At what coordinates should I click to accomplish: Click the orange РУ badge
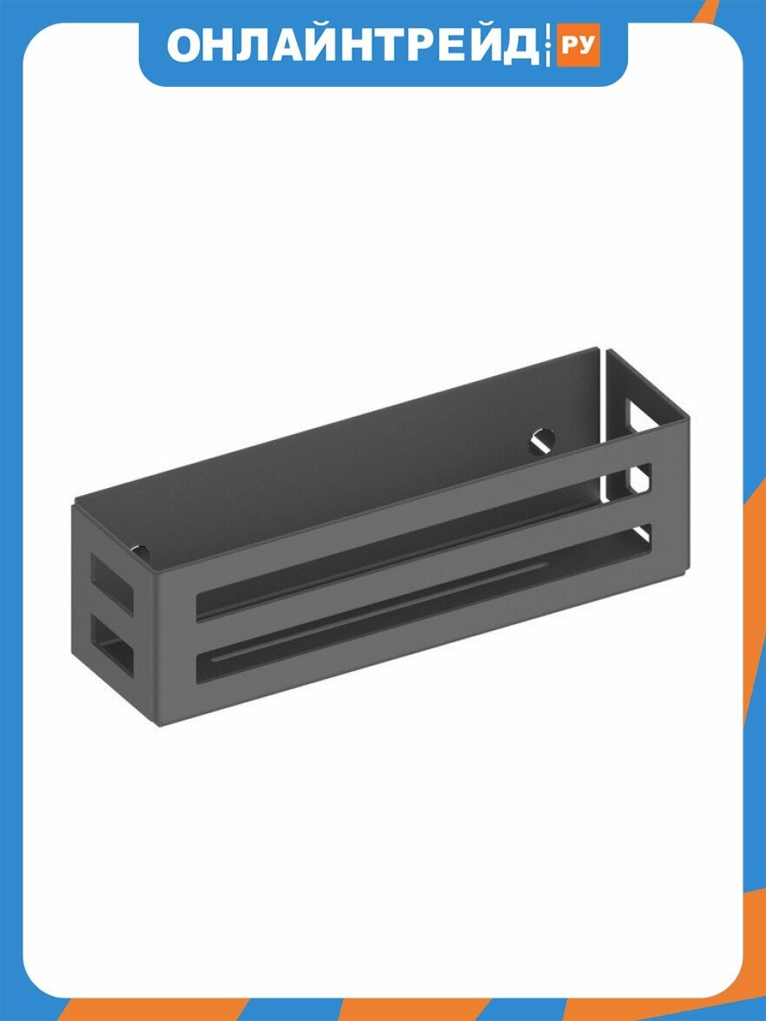click(x=578, y=45)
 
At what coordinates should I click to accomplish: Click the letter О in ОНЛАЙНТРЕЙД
click(x=183, y=45)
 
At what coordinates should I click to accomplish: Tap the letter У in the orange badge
click(x=587, y=45)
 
